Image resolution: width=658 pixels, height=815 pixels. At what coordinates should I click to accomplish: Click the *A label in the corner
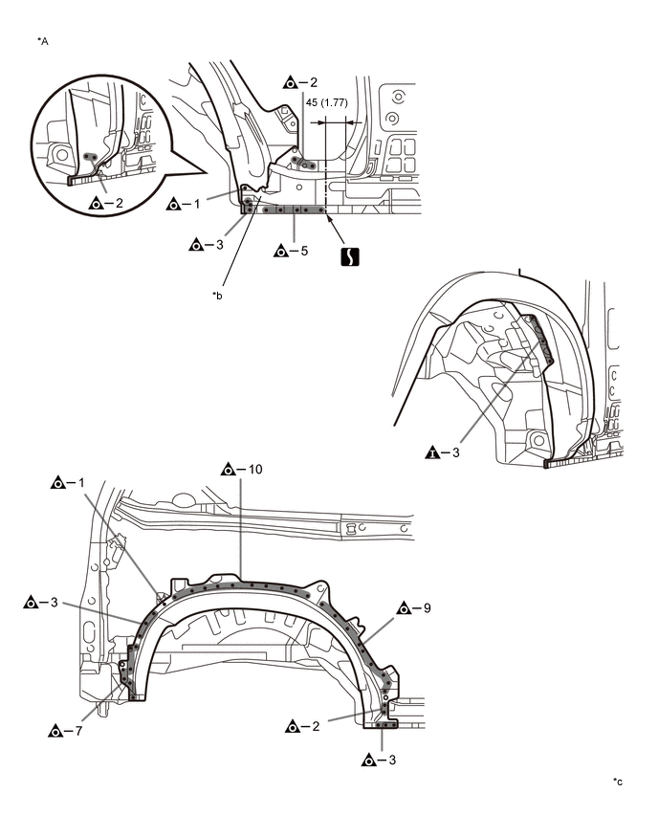tap(42, 42)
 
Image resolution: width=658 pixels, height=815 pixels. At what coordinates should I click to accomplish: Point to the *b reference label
tap(217, 296)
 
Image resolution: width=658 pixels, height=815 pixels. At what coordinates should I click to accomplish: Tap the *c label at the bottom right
tap(618, 782)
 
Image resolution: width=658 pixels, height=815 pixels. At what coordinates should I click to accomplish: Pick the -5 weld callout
tap(291, 252)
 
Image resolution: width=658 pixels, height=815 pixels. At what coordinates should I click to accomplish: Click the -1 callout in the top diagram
tap(183, 203)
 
